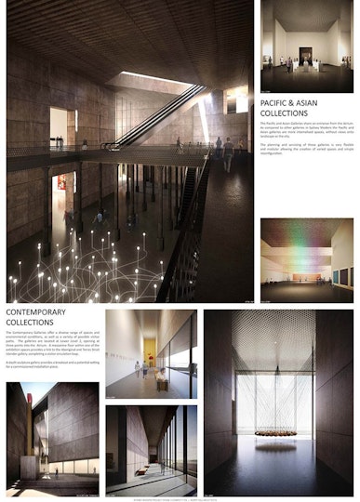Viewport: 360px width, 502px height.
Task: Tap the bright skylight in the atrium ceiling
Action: pyautogui.click(x=153, y=78)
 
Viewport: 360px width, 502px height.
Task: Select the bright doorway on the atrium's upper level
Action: pyautogui.click(x=58, y=126)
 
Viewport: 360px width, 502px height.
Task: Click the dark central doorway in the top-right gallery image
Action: pyautogui.click(x=305, y=50)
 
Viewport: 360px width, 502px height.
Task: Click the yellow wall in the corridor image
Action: pyautogui.click(x=150, y=351)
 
